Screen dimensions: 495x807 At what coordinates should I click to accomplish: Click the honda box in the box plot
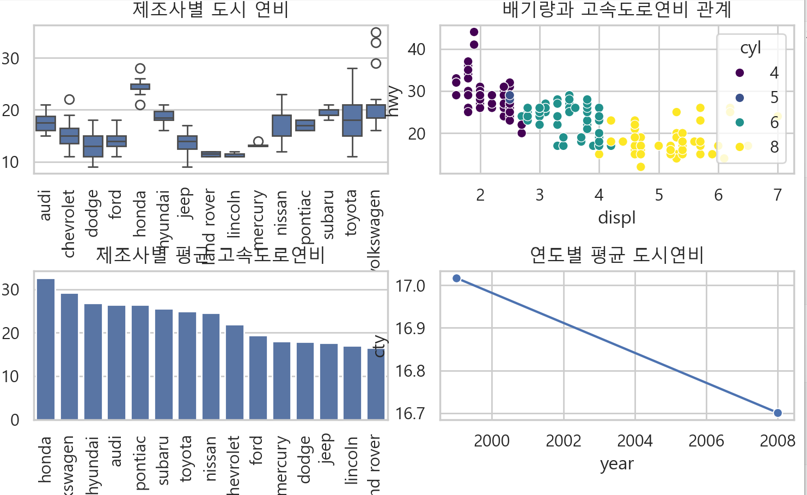[x=140, y=87]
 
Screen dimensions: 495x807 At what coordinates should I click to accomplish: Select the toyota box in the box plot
[x=352, y=120]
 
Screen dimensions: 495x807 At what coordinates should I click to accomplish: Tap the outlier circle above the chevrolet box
[x=69, y=99]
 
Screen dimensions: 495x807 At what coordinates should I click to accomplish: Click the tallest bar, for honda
[x=46, y=349]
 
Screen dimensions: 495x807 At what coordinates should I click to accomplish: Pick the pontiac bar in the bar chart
[x=140, y=363]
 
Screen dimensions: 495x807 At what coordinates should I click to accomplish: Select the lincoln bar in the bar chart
[x=352, y=383]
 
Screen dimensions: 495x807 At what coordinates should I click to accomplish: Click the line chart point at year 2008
[x=778, y=413]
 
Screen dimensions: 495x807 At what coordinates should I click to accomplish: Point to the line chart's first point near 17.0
[x=457, y=279]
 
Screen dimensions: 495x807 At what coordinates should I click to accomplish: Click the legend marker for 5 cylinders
[x=739, y=98]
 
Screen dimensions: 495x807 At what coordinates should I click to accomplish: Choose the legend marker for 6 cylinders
[x=739, y=122]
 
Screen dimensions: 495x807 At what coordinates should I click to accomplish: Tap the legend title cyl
[x=750, y=48]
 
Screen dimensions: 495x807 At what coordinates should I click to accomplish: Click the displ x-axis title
[x=616, y=218]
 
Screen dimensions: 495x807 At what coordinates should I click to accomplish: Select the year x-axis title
[x=616, y=464]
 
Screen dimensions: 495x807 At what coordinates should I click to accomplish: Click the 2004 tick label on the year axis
[x=634, y=440]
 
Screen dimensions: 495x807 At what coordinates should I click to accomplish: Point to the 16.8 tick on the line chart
[x=410, y=371]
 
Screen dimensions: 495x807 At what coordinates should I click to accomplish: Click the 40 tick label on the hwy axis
[x=417, y=49]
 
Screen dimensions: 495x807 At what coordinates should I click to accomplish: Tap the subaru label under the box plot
[x=328, y=215]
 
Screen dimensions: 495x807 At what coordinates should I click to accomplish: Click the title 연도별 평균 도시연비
[x=616, y=255]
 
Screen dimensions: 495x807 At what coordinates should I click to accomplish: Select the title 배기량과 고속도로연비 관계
[x=616, y=9]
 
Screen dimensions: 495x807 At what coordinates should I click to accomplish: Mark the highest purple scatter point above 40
[x=474, y=32]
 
